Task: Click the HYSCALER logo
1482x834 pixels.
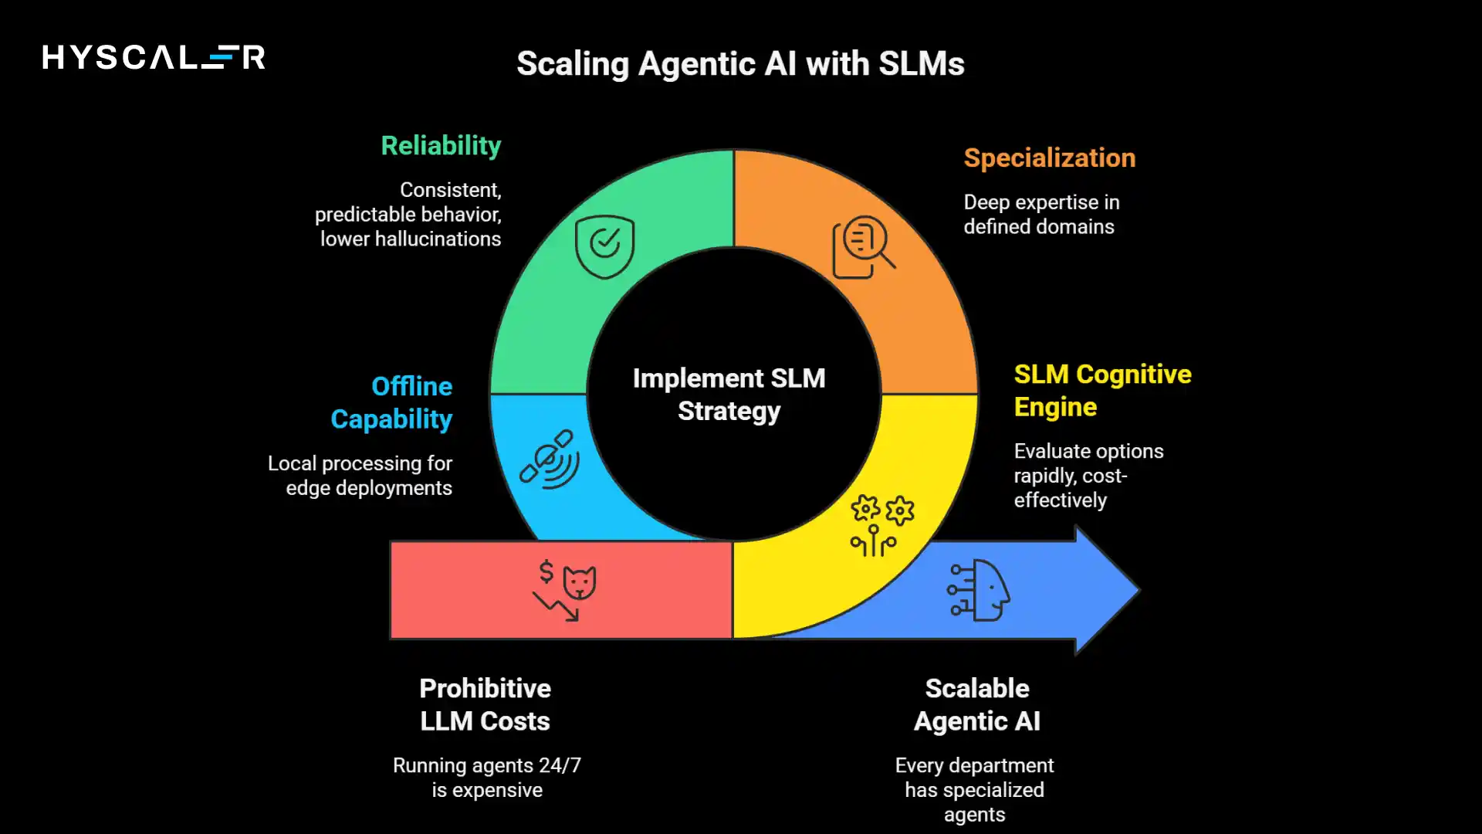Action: point(154,57)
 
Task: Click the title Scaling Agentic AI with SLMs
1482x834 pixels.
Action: point(740,64)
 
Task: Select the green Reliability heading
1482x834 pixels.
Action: point(441,146)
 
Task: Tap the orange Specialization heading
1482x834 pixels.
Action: point(1049,158)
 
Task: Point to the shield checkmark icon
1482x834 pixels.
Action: point(604,246)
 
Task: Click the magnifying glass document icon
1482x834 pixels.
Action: point(863,246)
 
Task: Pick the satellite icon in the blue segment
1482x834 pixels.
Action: point(550,459)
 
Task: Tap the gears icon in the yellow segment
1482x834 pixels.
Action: point(881,525)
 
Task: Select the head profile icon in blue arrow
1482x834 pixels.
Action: point(979,590)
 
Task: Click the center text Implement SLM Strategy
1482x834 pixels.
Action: point(729,395)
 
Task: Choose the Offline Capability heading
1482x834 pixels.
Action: point(392,402)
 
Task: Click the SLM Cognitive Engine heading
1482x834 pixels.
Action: point(1101,390)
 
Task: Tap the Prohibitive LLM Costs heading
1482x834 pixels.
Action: point(485,704)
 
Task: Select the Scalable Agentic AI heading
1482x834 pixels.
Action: point(976,704)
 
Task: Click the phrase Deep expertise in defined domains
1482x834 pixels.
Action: point(1040,215)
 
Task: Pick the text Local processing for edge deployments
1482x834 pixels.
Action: point(360,476)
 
